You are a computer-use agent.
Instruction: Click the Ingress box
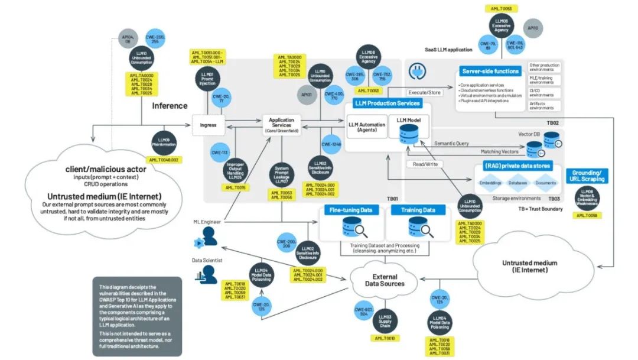[209, 125]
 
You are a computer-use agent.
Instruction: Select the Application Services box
[281, 125]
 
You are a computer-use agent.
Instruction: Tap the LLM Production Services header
[388, 103]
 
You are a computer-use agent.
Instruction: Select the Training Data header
[418, 210]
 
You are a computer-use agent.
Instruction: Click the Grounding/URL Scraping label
[588, 176]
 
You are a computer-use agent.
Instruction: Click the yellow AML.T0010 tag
[385, 338]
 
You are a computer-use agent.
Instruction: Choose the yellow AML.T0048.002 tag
[164, 160]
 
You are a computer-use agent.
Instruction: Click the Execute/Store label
[425, 92]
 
